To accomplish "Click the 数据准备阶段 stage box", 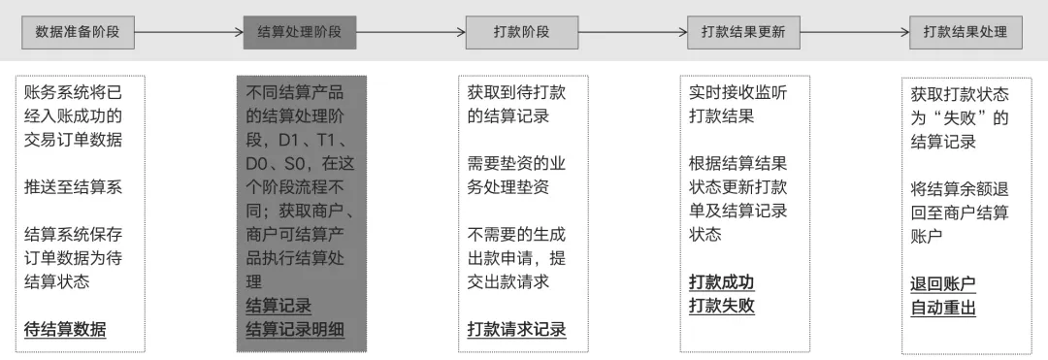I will [x=78, y=32].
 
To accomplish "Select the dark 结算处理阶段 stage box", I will [x=299, y=32].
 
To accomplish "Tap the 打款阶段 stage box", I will [x=521, y=32].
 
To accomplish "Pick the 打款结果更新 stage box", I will [x=743, y=32].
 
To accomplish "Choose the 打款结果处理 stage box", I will [x=966, y=32].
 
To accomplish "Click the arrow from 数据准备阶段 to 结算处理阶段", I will [x=188, y=32].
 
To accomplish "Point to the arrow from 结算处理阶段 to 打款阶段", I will [x=410, y=32].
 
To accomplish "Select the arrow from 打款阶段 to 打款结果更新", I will [x=633, y=32].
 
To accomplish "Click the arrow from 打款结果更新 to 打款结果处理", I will [x=855, y=32].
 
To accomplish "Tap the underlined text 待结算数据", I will [x=65, y=329].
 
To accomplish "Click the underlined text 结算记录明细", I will [x=295, y=329].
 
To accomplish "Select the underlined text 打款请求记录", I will [x=516, y=329].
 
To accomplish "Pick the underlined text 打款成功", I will [x=722, y=282].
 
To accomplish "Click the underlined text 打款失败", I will [x=722, y=306].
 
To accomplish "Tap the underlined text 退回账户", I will [x=943, y=284].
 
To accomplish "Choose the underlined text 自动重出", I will [x=943, y=308].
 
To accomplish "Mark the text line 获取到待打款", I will [x=516, y=93].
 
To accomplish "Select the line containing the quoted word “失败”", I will [x=960, y=118].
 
